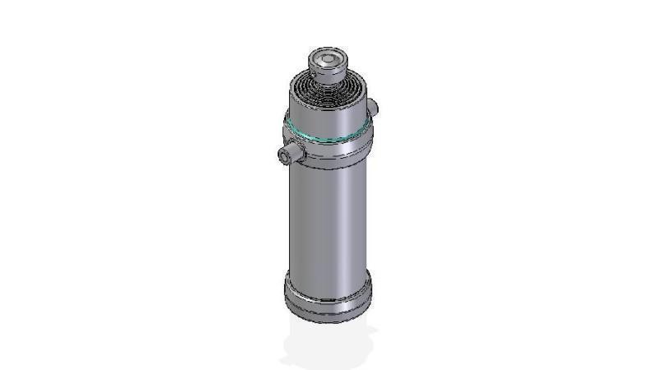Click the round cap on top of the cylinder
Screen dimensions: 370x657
click(x=328, y=64)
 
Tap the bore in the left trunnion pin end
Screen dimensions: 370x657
click(x=285, y=155)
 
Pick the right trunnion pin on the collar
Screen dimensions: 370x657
click(x=374, y=107)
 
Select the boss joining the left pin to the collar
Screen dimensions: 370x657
click(x=301, y=153)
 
